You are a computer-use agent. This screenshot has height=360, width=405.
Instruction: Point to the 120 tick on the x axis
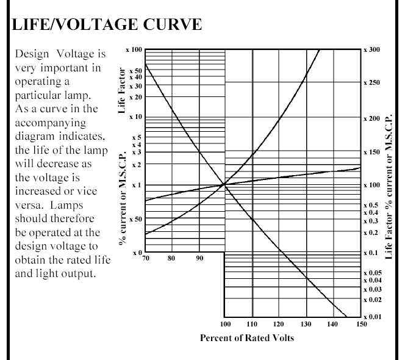[278, 324]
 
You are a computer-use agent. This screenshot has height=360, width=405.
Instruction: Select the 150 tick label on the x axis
[361, 324]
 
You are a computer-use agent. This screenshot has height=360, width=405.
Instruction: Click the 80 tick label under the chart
[171, 258]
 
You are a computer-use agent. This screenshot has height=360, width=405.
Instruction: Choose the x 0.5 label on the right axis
[371, 205]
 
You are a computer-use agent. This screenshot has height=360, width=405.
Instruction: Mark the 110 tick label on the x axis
[251, 324]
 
